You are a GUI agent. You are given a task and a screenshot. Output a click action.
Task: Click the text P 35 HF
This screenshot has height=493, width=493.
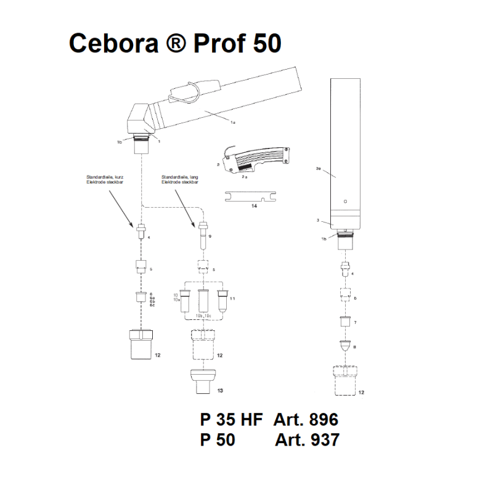click(231, 420)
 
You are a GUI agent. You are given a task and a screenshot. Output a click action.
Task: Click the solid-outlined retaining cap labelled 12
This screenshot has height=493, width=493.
click(141, 344)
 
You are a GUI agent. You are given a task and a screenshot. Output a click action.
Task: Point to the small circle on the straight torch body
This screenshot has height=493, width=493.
click(345, 201)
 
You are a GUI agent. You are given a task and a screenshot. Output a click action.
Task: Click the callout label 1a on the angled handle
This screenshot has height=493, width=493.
click(233, 123)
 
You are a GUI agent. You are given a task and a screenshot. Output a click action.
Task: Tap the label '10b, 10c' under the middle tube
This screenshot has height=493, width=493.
click(203, 316)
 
